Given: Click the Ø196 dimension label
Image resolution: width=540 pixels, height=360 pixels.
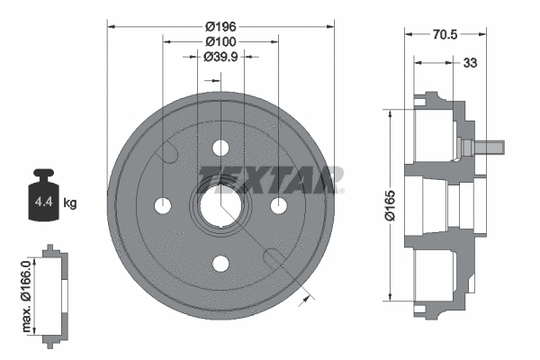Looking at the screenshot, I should [220, 26].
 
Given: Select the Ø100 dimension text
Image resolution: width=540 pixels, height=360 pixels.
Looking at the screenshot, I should [220, 41].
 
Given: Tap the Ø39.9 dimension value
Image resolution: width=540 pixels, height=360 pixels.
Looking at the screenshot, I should [220, 57].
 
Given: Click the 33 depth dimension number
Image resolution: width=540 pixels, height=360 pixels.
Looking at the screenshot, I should [469, 64].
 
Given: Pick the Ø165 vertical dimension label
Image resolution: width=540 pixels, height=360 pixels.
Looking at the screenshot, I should [379, 204].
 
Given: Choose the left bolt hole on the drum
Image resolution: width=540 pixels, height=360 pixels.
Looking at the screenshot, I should [163, 206].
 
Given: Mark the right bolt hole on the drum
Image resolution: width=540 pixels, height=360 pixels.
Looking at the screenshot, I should [278, 206].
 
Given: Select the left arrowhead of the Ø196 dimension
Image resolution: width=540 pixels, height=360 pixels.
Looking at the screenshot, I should [111, 25].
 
